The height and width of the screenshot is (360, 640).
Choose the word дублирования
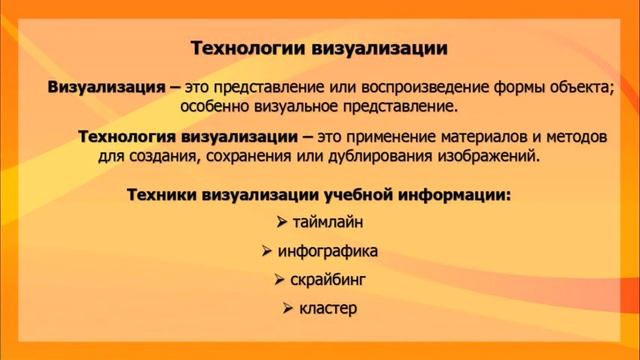tap(382, 156)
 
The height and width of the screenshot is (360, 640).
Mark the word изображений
tap(489, 156)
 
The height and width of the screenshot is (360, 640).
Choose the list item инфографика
tap(327, 251)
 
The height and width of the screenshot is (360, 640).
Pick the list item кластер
tap(328, 308)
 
